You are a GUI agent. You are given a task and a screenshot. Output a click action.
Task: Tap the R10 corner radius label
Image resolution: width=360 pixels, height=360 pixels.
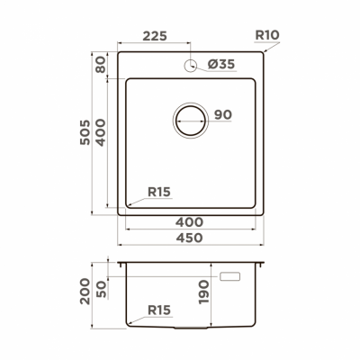(268, 37)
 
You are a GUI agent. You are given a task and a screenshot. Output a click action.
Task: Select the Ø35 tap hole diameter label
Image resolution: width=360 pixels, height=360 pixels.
(220, 65)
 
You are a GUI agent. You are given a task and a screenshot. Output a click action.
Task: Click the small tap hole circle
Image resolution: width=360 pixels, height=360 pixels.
(192, 65)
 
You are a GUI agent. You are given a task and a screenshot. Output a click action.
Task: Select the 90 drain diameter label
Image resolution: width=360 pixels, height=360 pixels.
(222, 114)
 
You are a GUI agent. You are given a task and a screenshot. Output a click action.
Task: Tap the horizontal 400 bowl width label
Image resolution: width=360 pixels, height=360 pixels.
(187, 221)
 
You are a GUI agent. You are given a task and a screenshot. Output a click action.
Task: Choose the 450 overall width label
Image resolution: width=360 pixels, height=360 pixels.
(187, 238)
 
